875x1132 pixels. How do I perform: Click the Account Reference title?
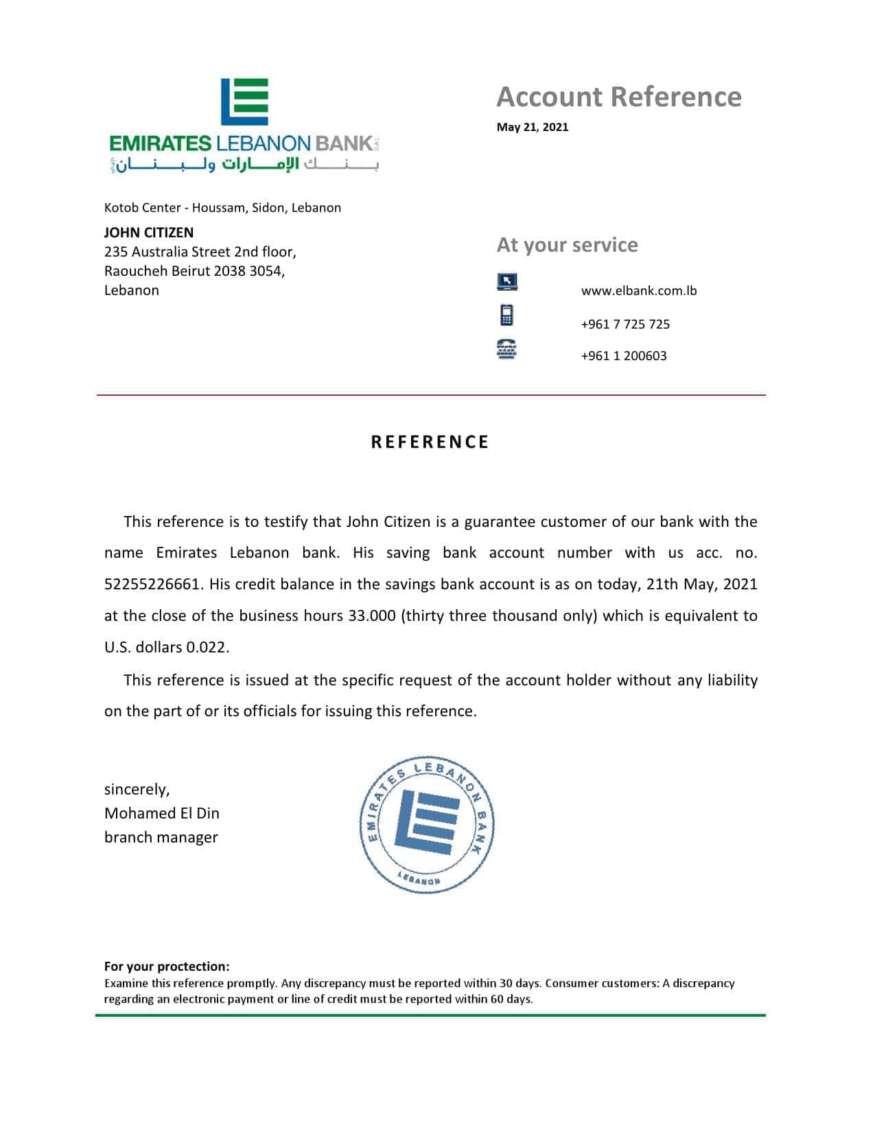[x=618, y=97]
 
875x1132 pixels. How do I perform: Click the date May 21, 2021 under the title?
[x=533, y=127]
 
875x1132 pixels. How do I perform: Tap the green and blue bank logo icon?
[x=244, y=102]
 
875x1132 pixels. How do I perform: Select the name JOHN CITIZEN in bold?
[x=149, y=233]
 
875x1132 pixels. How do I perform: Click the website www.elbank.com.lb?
[x=638, y=291]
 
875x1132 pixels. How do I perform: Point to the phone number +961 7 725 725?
[x=625, y=325]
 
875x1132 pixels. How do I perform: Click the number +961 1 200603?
[x=624, y=356]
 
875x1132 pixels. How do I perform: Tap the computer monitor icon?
[x=506, y=281]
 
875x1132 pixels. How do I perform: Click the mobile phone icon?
[x=506, y=315]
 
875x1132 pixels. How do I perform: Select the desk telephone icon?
[x=506, y=349]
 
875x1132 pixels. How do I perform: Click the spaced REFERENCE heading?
[x=430, y=443]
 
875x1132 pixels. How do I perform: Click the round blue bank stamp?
[x=427, y=826]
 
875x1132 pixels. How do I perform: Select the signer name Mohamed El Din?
[x=162, y=814]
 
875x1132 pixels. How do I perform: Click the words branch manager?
[x=161, y=838]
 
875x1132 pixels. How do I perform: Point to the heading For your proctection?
[x=167, y=967]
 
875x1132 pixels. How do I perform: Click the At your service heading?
[x=567, y=245]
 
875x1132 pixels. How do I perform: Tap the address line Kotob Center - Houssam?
[x=174, y=208]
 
